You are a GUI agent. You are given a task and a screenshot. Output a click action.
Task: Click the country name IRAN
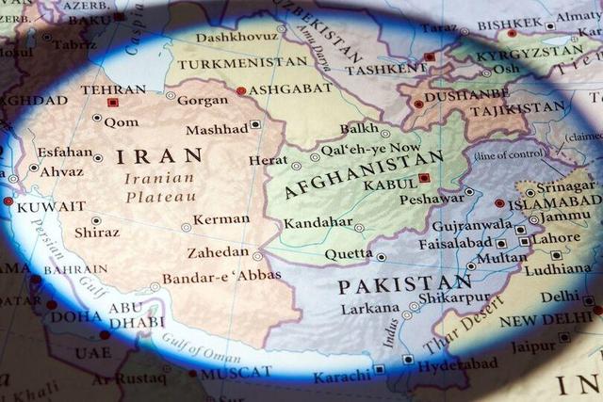(159, 155)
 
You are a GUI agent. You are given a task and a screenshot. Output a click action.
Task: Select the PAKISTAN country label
(404, 284)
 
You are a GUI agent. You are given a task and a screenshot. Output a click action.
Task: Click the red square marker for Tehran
(113, 103)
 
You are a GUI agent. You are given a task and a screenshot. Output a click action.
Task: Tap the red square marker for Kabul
(424, 178)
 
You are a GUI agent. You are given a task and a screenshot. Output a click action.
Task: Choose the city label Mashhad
(217, 129)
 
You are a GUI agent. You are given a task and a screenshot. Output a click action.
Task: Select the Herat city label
(269, 160)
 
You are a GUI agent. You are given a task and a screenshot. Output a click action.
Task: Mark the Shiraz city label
(97, 232)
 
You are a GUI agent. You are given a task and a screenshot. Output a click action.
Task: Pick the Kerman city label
(221, 219)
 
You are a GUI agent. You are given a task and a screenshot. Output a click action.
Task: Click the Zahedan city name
(219, 252)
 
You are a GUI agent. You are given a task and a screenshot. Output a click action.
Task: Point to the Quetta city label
(349, 254)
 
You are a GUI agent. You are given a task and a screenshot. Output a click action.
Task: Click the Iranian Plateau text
(159, 186)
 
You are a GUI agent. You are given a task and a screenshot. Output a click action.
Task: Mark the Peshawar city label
(431, 200)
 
